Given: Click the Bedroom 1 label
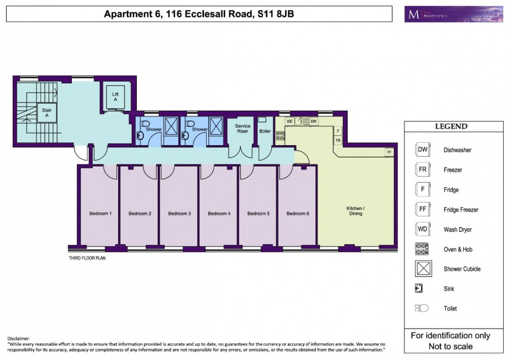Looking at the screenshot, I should point(100,213).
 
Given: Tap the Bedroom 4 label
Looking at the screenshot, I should point(218,213).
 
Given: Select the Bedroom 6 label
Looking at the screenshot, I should point(297,213).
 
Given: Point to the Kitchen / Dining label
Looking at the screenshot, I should point(356,211).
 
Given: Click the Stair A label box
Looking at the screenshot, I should point(46,112).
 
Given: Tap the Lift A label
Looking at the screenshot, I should point(115,97).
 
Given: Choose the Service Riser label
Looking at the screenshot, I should point(243,128).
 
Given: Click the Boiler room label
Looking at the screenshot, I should point(265,131).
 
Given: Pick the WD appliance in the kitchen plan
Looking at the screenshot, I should point(290,121).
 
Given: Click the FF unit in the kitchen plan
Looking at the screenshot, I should point(388,152).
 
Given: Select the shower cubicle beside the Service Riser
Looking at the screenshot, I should point(216,125).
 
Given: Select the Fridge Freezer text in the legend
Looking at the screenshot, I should point(461,210).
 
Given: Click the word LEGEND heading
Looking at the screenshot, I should point(451,126).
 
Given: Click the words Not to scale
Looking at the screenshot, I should point(450,346).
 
